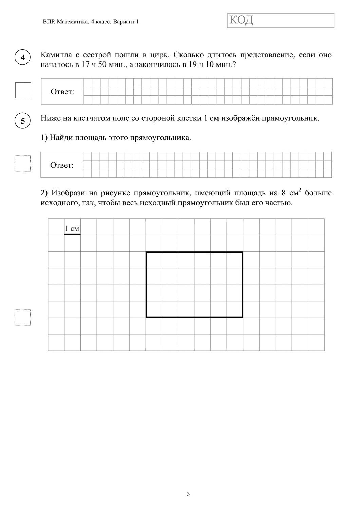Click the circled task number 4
click(x=23, y=57)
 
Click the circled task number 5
click(x=23, y=120)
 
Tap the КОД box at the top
click(x=281, y=20)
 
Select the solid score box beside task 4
click(x=23, y=90)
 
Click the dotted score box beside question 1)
click(x=22, y=164)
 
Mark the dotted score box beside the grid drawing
click(x=22, y=317)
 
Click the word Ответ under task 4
click(x=62, y=92)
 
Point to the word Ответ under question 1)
click(x=62, y=165)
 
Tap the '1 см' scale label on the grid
click(x=72, y=228)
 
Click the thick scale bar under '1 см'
click(x=72, y=234)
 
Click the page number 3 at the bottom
click(x=188, y=494)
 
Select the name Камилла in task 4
click(x=55, y=55)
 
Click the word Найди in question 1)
click(x=61, y=138)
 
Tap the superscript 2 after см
click(x=300, y=190)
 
